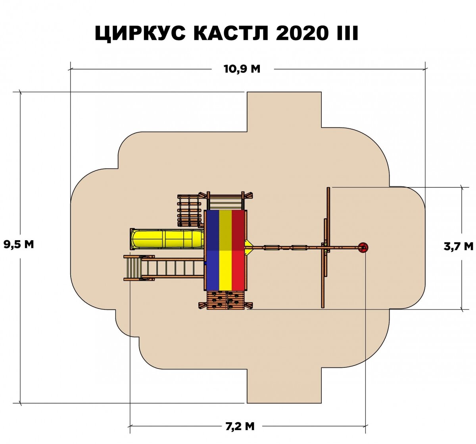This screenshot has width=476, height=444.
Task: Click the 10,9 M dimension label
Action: tap(242, 69)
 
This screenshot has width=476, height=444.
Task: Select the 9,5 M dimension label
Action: tap(19, 244)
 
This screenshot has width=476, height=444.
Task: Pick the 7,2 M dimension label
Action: tap(240, 427)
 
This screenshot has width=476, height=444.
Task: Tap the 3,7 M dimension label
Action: tap(459, 247)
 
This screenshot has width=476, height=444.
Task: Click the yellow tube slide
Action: tap(167, 238)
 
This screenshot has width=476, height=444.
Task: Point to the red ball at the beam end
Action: tap(363, 248)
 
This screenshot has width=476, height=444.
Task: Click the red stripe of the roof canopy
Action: tap(239, 250)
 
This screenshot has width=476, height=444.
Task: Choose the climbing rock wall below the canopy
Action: tap(225, 300)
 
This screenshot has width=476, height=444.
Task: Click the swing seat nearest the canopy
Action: tap(271, 248)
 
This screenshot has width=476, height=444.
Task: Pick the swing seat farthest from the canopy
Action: tap(298, 248)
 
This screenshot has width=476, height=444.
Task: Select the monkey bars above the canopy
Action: tap(225, 202)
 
